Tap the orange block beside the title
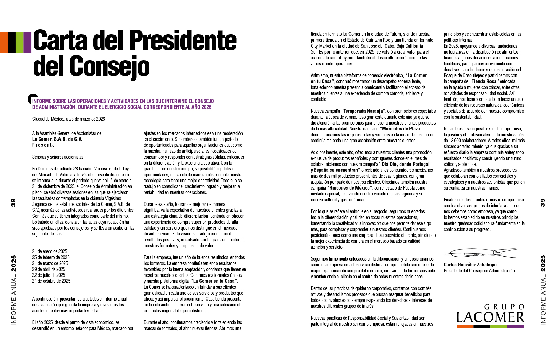(4, 42)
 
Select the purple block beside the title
(28, 42)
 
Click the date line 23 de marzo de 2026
(69, 119)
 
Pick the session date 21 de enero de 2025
(50, 251)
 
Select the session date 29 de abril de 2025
(49, 269)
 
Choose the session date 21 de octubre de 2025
(51, 281)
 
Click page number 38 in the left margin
(14, 202)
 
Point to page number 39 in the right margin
(543, 202)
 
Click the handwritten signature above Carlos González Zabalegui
(480, 253)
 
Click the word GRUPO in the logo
(504, 307)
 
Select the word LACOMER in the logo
(490, 318)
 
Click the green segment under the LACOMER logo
(499, 326)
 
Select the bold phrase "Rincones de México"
(350, 188)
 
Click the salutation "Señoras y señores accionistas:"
(58, 157)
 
